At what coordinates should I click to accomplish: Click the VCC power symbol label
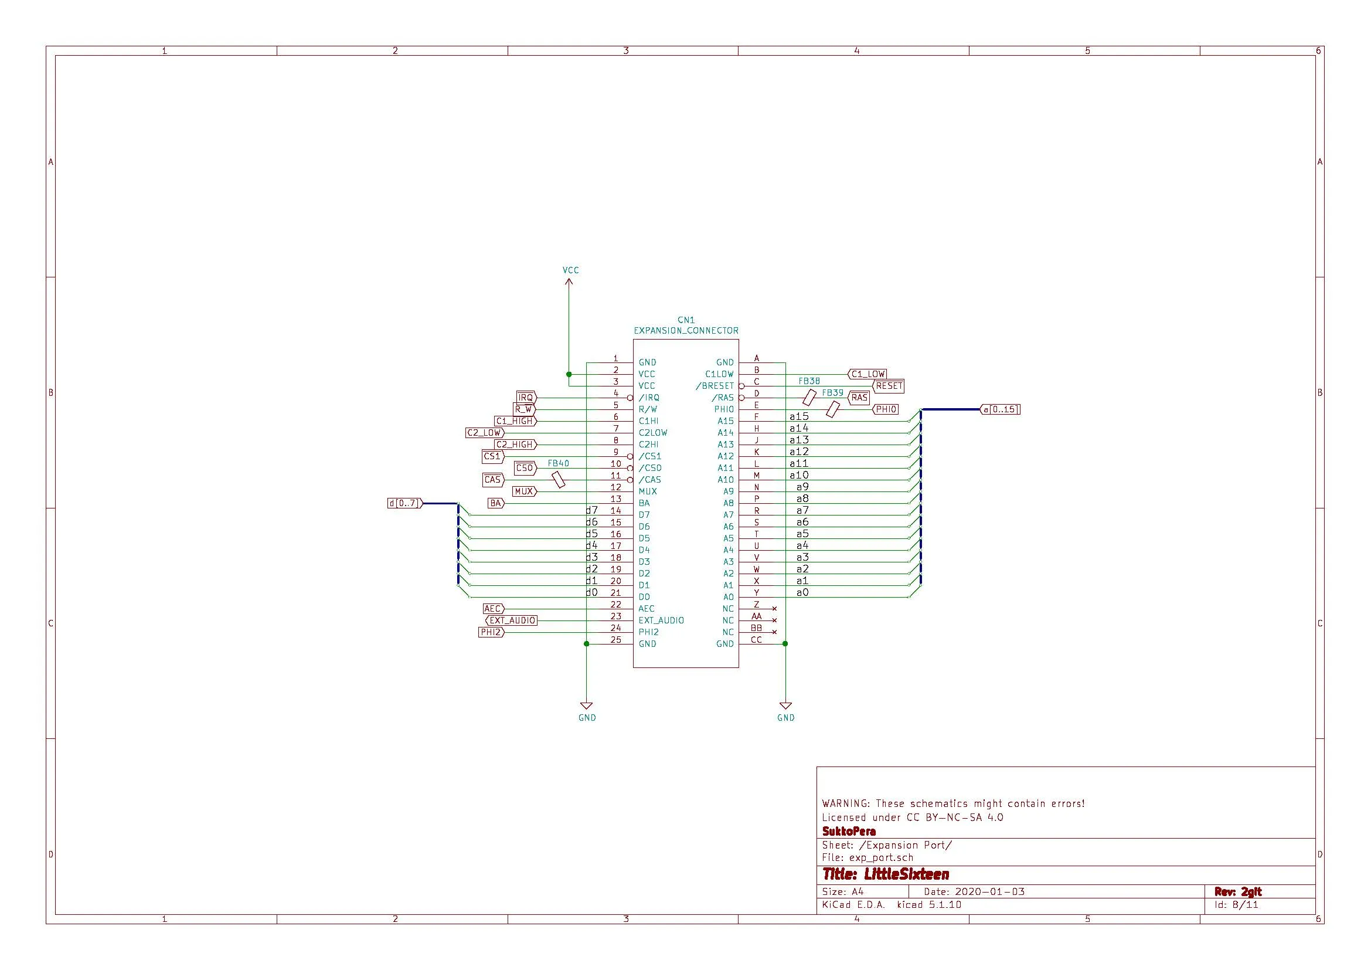click(570, 270)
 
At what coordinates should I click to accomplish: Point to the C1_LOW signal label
click(867, 374)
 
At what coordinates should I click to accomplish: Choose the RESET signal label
click(889, 386)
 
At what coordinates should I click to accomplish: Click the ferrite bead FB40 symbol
click(559, 479)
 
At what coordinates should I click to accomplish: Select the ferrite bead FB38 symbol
click(809, 396)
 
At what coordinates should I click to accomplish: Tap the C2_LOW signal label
click(484, 432)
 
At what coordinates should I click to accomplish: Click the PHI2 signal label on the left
click(491, 632)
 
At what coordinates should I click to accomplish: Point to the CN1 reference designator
click(686, 320)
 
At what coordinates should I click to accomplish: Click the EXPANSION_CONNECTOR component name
click(686, 330)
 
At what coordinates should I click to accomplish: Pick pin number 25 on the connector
click(615, 640)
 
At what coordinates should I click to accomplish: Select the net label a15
click(798, 416)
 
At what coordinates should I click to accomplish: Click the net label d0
click(591, 592)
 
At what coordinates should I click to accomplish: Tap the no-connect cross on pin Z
click(774, 609)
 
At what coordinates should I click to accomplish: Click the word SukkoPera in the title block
click(849, 831)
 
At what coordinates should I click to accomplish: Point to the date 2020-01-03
click(989, 891)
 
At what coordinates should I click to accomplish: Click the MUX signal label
click(523, 491)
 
